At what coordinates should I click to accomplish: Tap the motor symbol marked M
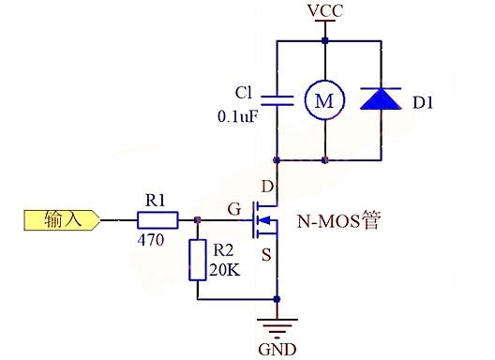(x=323, y=101)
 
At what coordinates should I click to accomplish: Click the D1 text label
(x=427, y=101)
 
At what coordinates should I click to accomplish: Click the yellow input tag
(x=58, y=221)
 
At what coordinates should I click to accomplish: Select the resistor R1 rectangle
(x=157, y=221)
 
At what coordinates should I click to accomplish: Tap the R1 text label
(x=155, y=200)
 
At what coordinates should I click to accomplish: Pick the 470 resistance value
(x=151, y=241)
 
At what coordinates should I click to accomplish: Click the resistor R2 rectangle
(x=197, y=260)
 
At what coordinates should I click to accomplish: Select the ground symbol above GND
(x=277, y=328)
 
